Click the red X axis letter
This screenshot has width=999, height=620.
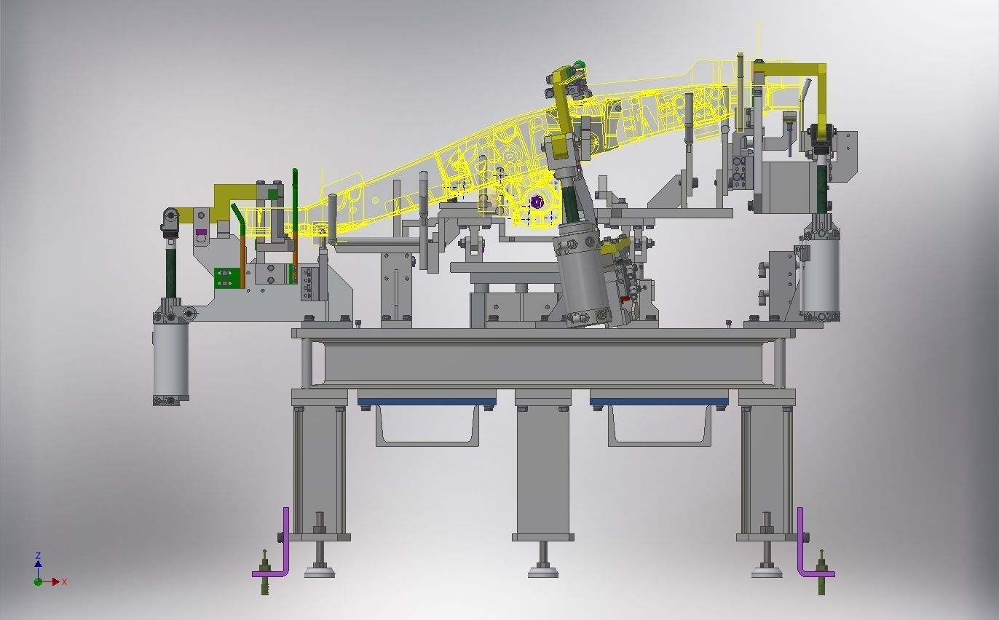65,581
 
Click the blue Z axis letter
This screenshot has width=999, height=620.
39,556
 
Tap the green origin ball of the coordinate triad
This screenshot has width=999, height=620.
38,581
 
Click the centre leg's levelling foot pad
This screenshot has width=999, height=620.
542,572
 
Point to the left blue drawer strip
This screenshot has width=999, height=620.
427,402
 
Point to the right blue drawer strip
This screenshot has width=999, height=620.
659,402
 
